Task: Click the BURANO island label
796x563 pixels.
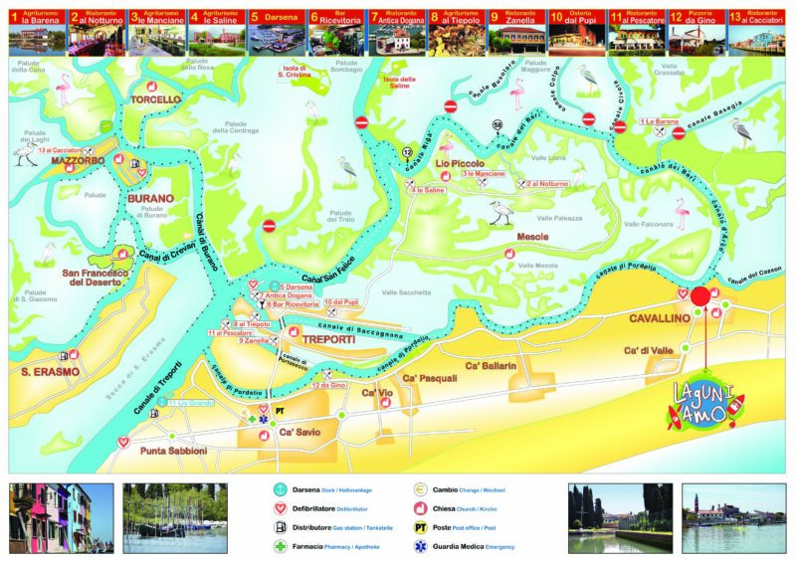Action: coord(150,198)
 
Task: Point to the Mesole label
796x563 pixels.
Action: coord(531,238)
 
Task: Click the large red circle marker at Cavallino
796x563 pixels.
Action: coord(699,296)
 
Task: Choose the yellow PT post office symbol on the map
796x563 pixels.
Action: coord(280,410)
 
